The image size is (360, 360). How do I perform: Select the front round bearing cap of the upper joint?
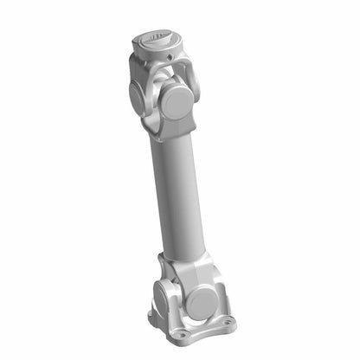click(178, 101)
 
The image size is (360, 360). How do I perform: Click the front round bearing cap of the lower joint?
click(202, 300)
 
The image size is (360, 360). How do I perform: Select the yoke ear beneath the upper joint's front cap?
click(173, 125)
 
